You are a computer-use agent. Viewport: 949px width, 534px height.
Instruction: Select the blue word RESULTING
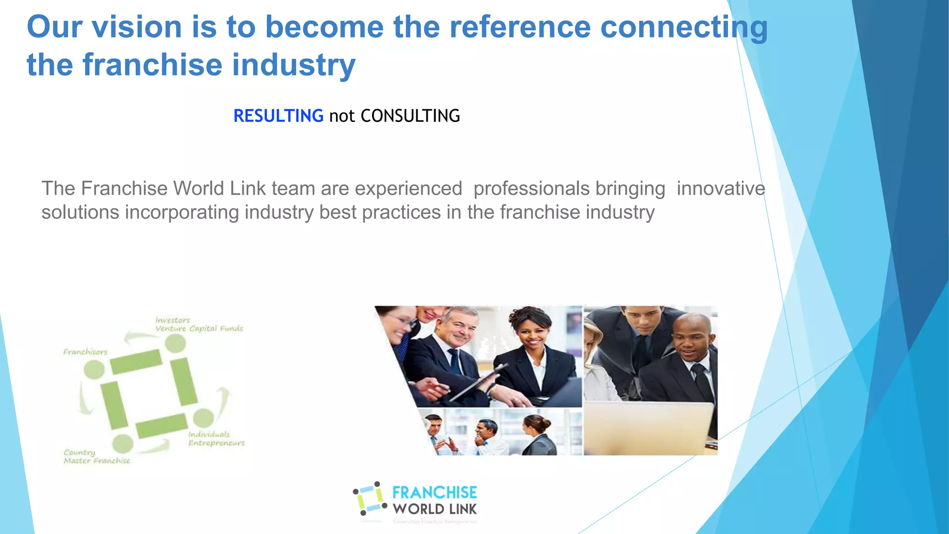coord(278,116)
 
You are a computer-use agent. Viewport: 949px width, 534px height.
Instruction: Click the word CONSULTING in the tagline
coord(410,116)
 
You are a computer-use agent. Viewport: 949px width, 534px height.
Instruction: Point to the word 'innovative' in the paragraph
coord(721,189)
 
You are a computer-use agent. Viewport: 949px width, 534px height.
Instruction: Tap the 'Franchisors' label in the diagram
coord(85,352)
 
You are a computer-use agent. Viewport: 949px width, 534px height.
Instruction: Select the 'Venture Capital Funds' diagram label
coord(199,329)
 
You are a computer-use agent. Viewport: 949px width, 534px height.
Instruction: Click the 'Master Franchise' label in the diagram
coord(97,461)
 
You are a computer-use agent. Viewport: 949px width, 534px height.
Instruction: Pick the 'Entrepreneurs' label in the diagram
coord(216,443)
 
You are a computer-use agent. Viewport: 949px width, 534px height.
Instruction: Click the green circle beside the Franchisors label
coord(95,369)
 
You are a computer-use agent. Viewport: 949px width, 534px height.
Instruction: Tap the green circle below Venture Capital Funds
coord(176,343)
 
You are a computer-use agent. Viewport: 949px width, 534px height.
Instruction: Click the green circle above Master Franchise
coord(122,444)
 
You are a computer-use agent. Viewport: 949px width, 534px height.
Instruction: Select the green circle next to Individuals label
coord(203,418)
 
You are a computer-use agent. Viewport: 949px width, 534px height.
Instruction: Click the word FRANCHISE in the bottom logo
coord(434,492)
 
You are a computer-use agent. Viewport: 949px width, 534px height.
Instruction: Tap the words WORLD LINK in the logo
coord(434,509)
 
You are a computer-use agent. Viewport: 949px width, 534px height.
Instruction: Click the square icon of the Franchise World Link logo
coord(370,499)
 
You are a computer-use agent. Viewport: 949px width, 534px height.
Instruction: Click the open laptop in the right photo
coord(649,426)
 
